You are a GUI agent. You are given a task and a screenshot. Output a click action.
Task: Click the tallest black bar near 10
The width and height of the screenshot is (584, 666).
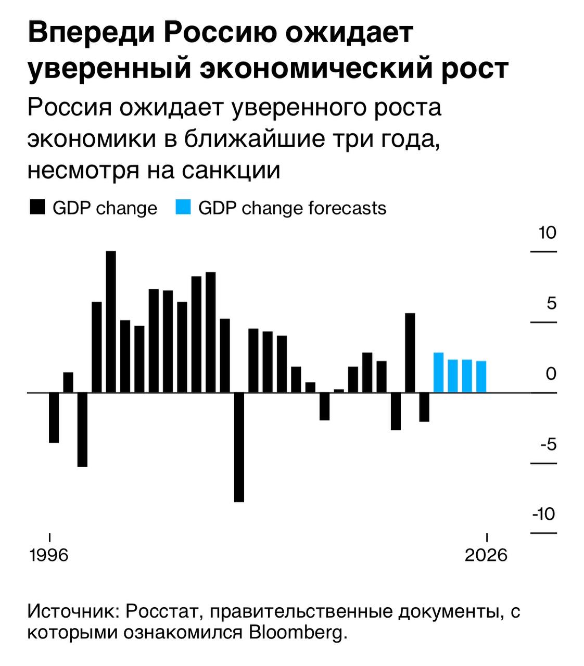111,321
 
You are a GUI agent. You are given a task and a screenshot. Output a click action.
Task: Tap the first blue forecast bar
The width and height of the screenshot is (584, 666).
438,373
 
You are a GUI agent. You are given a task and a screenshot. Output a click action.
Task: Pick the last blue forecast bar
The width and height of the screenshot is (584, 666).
481,377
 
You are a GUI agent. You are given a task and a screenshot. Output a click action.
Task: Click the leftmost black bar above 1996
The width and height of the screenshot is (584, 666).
54,417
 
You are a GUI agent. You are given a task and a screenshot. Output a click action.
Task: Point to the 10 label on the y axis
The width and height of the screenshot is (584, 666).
548,233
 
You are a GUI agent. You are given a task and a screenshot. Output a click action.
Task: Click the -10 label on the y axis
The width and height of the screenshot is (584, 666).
544,514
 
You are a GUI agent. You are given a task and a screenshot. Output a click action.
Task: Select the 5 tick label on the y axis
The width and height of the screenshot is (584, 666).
552,303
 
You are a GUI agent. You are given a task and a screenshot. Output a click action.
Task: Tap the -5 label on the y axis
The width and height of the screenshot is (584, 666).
548,444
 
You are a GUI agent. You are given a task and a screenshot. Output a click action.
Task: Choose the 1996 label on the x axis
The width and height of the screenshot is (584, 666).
49,555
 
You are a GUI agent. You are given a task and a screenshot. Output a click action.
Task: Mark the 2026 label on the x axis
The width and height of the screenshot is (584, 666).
486,555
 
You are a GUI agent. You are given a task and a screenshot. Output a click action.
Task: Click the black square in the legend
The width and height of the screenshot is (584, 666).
37,208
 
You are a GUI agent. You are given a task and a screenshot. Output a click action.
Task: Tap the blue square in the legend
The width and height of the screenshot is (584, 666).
183,208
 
